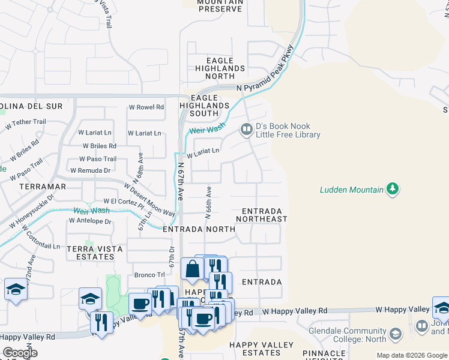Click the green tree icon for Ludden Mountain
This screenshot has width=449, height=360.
pyautogui.click(x=393, y=190)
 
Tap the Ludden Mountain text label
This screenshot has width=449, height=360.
pyautogui.click(x=351, y=190)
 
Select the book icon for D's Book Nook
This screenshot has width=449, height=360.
pyautogui.click(x=246, y=129)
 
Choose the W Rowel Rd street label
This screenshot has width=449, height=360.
pyautogui.click(x=146, y=107)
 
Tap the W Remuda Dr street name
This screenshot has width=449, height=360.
pyautogui.click(x=90, y=170)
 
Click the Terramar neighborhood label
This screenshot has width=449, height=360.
pyautogui.click(x=43, y=187)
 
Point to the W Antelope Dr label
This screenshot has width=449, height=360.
pyautogui.click(x=90, y=221)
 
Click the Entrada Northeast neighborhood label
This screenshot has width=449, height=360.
pyautogui.click(x=262, y=215)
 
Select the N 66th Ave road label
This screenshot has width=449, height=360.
pyautogui.click(x=209, y=203)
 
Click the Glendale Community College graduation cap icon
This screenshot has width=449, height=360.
pyautogui.click(x=395, y=334)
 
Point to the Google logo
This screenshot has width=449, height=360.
pyautogui.click(x=20, y=353)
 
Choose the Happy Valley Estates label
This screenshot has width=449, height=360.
pyautogui.click(x=262, y=349)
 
